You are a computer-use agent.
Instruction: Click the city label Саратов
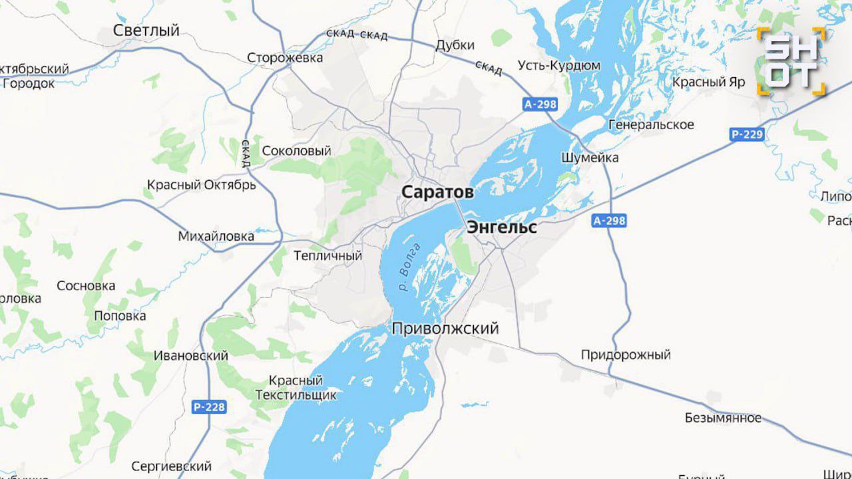coord(437,192)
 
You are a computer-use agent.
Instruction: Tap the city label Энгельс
coord(501,227)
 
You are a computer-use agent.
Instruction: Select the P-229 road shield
coord(747,134)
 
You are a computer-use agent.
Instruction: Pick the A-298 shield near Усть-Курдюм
coord(539,104)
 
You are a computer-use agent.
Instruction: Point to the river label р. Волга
coord(410,268)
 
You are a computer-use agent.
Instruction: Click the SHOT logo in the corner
coord(791,61)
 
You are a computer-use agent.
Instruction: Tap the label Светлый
coord(146,31)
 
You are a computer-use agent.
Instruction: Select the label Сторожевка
coord(285,58)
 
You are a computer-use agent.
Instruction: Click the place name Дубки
coord(455,45)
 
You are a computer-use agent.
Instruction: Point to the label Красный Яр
coord(708,82)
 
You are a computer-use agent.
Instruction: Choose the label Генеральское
coord(650,124)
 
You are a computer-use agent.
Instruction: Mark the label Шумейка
coord(590,158)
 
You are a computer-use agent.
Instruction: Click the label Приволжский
coord(445,329)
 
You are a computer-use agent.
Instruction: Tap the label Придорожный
coord(625,355)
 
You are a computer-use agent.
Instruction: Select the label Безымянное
coord(723,418)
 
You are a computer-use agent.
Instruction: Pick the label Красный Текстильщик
coord(296,388)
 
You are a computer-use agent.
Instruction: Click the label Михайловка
coord(216,236)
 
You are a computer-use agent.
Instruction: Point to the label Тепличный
coord(327,255)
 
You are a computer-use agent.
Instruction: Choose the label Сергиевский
coord(171,466)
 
